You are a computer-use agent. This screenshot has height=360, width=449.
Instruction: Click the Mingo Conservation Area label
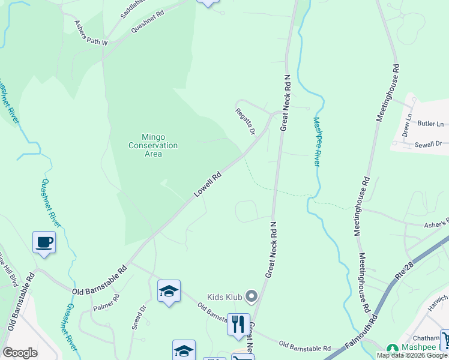[x=153, y=145]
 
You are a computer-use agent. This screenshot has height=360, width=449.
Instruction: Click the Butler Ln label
[x=431, y=124]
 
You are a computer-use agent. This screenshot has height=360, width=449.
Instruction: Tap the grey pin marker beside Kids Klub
[x=251, y=296]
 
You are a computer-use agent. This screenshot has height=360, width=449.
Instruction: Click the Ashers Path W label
[x=91, y=34]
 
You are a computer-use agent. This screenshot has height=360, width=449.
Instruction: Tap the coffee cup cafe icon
[x=44, y=242]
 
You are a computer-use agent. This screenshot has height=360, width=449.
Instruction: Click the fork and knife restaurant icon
[x=238, y=324]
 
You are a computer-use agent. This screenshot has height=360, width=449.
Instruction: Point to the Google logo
[x=20, y=353]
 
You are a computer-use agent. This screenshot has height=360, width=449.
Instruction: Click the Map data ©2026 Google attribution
[x=412, y=355]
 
